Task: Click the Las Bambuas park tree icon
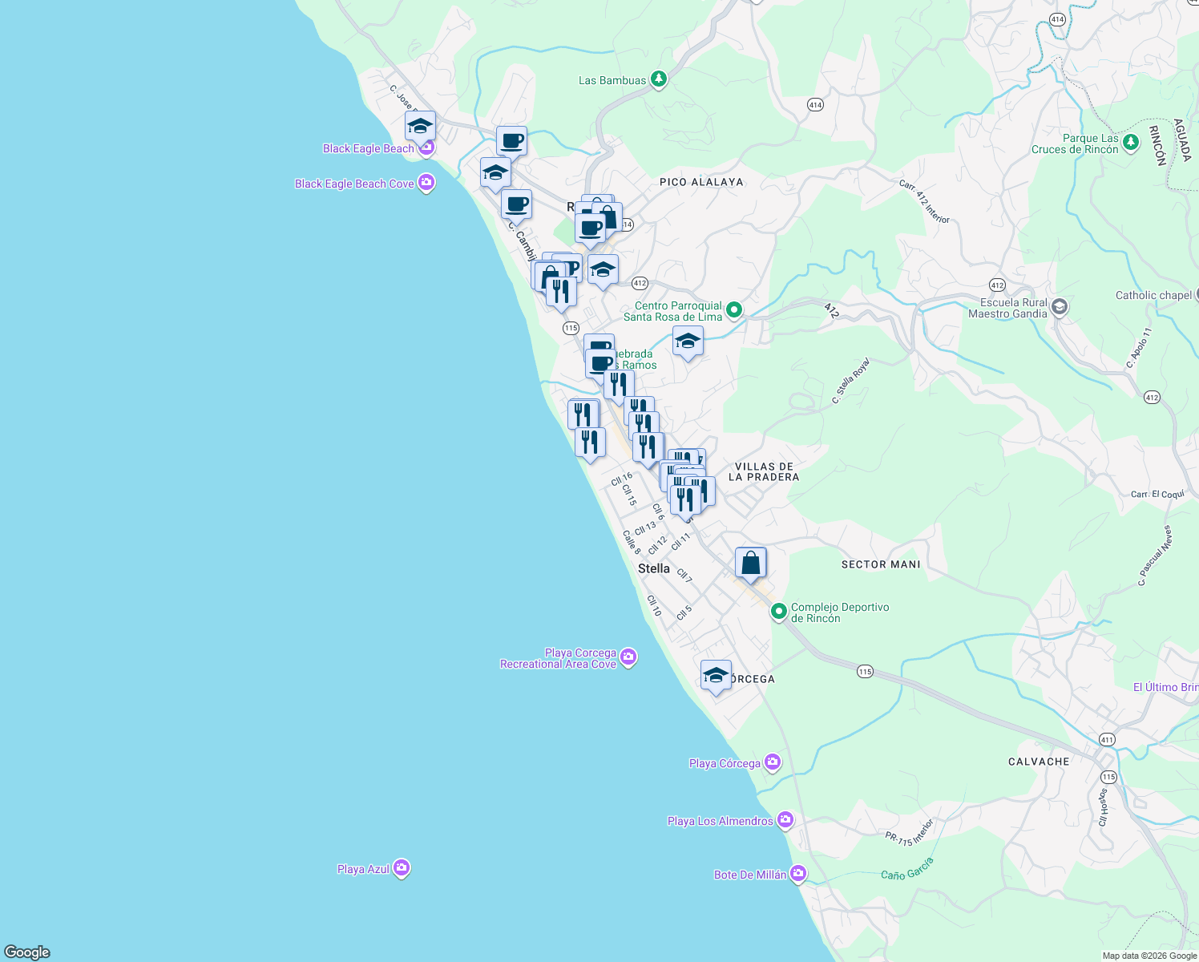658,79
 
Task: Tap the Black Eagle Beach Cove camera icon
426,184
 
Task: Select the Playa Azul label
363,869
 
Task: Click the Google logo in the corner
27,952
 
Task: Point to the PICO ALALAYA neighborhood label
701,182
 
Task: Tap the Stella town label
653,568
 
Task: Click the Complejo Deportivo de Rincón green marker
778,612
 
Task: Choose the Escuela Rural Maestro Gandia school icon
1059,308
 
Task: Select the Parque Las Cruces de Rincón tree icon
1130,143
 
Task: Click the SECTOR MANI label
881,564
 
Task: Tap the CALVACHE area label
1039,762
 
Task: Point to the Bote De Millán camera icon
797,874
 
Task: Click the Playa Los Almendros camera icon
785,820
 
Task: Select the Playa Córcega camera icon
772,762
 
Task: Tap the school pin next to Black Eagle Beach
420,127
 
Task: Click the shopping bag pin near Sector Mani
750,563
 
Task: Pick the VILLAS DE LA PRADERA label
764,471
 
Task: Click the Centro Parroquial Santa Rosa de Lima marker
733,310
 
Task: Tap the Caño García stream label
907,869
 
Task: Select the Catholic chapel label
1153,295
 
